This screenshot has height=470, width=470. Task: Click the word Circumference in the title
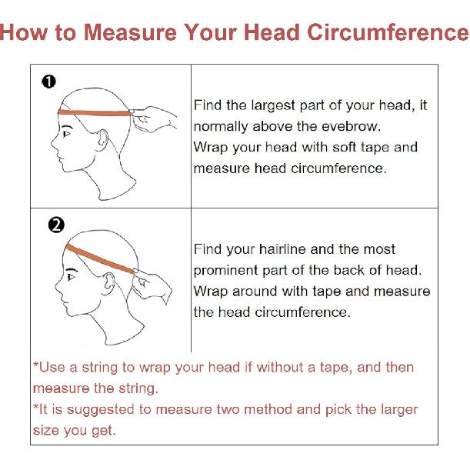point(388,32)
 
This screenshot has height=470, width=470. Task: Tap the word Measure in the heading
point(131,32)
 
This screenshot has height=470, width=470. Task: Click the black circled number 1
point(49,82)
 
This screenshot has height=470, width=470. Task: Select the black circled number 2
point(56,225)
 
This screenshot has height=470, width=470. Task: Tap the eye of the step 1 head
point(66,133)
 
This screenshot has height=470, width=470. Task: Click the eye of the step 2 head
point(71,277)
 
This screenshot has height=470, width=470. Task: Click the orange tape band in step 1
point(95,113)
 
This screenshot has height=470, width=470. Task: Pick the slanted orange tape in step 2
point(100,258)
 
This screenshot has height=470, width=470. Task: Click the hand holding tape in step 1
point(154,118)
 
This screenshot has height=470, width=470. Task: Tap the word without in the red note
point(280,367)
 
